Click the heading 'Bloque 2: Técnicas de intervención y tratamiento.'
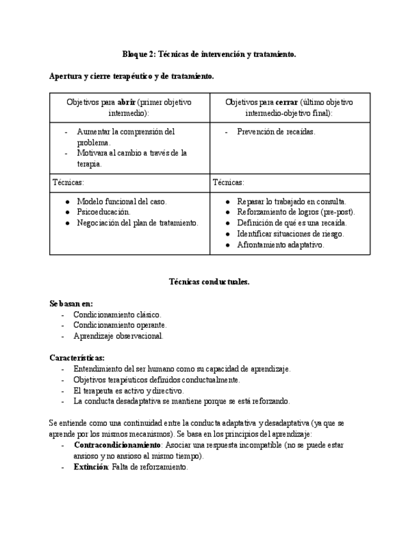(x=209, y=55)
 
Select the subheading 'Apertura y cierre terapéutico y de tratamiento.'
(x=131, y=76)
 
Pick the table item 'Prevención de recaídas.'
(x=276, y=132)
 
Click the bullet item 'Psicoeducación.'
(x=104, y=212)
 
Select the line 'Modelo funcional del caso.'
(x=122, y=201)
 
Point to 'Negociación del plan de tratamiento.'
(x=138, y=223)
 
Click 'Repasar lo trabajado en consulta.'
(x=291, y=201)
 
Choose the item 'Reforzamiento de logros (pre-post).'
(x=296, y=212)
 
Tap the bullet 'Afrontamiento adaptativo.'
(x=280, y=245)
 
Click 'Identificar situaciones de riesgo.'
(x=290, y=234)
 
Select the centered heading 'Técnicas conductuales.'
(x=209, y=282)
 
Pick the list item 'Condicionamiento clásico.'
(x=117, y=314)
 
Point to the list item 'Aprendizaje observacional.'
(x=118, y=336)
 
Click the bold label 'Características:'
(x=77, y=358)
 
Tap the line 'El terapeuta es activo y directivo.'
(x=129, y=391)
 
